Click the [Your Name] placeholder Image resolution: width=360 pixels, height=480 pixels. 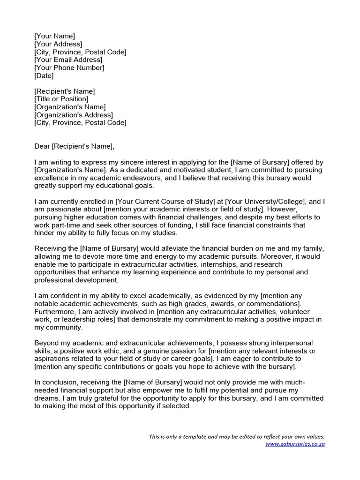(54, 36)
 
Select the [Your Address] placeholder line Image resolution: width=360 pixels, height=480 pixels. (58, 44)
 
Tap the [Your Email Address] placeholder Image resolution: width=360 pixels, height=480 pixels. (68, 60)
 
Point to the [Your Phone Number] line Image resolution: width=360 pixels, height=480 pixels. (69, 67)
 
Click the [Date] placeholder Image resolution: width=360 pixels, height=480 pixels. (44, 75)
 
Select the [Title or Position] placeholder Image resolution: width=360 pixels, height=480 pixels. (61, 99)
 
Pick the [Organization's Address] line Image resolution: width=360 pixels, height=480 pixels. (74, 115)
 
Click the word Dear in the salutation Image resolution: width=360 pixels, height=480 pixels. (42, 146)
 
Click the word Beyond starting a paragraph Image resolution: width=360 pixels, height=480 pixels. (47, 343)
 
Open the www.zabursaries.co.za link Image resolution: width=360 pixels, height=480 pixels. (295, 443)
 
